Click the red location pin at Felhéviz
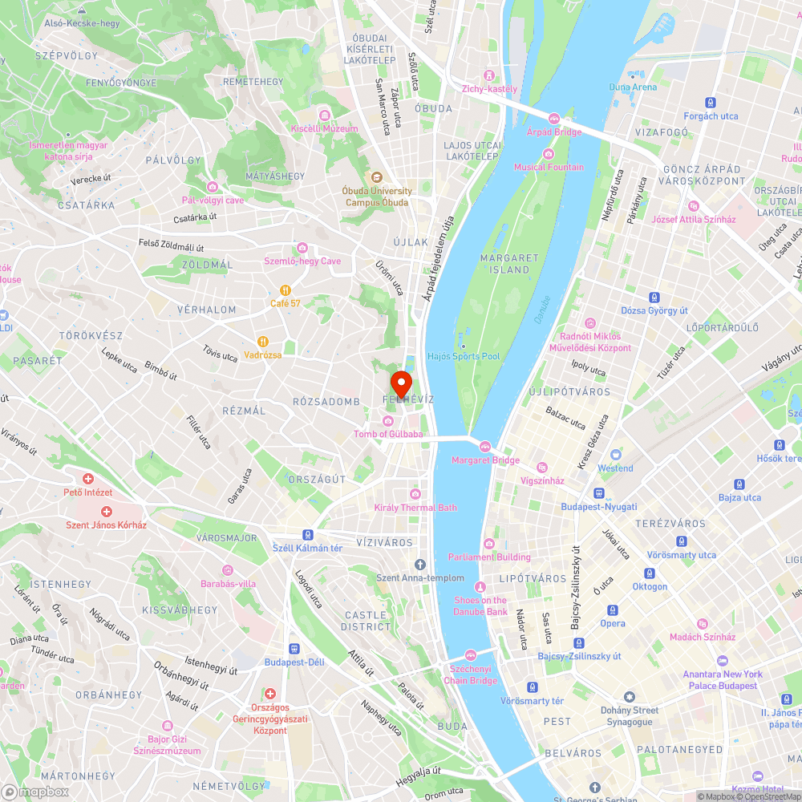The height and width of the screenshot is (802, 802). tap(400, 381)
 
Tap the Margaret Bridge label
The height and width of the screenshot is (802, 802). tap(485, 460)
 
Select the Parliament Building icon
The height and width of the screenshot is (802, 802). tap(488, 543)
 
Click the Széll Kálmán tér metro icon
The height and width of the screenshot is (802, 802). tap(307, 534)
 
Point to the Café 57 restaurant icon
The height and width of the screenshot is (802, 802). tap(285, 290)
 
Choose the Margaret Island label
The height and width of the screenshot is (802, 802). tap(509, 263)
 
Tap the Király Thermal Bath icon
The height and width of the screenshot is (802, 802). tap(415, 493)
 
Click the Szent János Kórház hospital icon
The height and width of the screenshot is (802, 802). tap(106, 511)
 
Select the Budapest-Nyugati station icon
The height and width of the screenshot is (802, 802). tap(598, 493)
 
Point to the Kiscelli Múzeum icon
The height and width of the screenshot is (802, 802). tap(324, 115)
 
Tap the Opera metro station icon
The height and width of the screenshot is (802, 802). tap(613, 610)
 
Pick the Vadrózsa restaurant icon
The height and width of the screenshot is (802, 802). tap(262, 342)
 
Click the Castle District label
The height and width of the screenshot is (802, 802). tap(366, 621)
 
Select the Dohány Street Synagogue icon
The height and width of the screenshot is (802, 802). tap(630, 697)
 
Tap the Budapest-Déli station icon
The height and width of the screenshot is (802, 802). tap(294, 648)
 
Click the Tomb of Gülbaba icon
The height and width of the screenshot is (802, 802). tap(388, 421)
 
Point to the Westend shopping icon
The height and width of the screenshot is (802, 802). tap(615, 454)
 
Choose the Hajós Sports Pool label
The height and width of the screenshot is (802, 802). tap(464, 356)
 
